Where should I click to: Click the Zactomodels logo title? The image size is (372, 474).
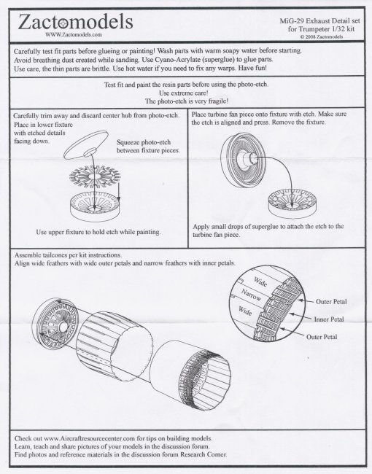click(76, 22)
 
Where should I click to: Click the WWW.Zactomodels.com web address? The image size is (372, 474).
click(74, 34)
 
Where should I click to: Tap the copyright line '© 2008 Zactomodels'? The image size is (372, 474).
click(322, 36)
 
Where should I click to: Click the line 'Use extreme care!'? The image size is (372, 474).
click(184, 93)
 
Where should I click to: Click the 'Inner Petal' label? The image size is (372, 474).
click(329, 319)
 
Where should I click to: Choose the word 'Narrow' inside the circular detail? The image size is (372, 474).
click(251, 295)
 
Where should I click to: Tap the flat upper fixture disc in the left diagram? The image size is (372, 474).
click(86, 145)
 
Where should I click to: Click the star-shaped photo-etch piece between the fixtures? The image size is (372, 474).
click(95, 176)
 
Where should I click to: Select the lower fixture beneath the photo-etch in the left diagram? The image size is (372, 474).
click(96, 208)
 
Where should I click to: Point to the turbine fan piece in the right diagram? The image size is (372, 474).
click(243, 160)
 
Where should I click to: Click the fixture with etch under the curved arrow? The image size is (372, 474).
click(292, 203)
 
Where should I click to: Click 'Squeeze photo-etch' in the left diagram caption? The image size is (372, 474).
click(144, 142)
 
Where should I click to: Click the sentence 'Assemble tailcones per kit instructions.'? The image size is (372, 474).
click(68, 255)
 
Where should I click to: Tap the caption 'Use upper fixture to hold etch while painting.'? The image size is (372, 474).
click(98, 232)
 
